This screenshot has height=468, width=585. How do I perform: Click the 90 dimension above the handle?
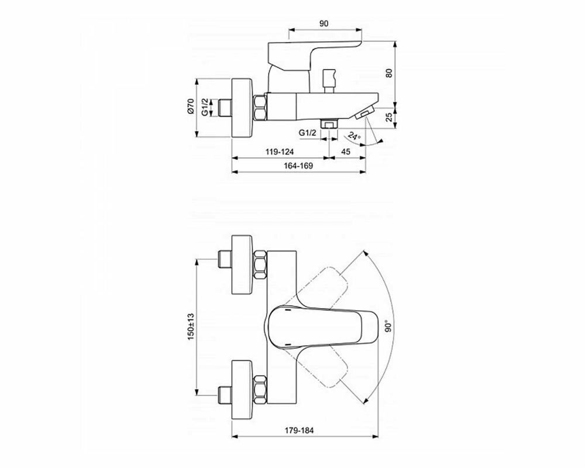tap(324, 23)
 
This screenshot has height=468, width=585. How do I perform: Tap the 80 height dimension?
tap(389, 73)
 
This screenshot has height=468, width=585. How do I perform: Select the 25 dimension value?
tap(389, 117)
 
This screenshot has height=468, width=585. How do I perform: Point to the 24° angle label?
tap(354, 136)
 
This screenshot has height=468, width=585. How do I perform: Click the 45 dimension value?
tap(346, 152)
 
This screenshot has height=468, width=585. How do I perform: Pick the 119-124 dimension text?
tap(280, 152)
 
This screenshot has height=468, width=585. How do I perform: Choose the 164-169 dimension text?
tap(298, 166)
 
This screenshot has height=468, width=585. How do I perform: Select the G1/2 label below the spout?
tap(308, 132)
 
